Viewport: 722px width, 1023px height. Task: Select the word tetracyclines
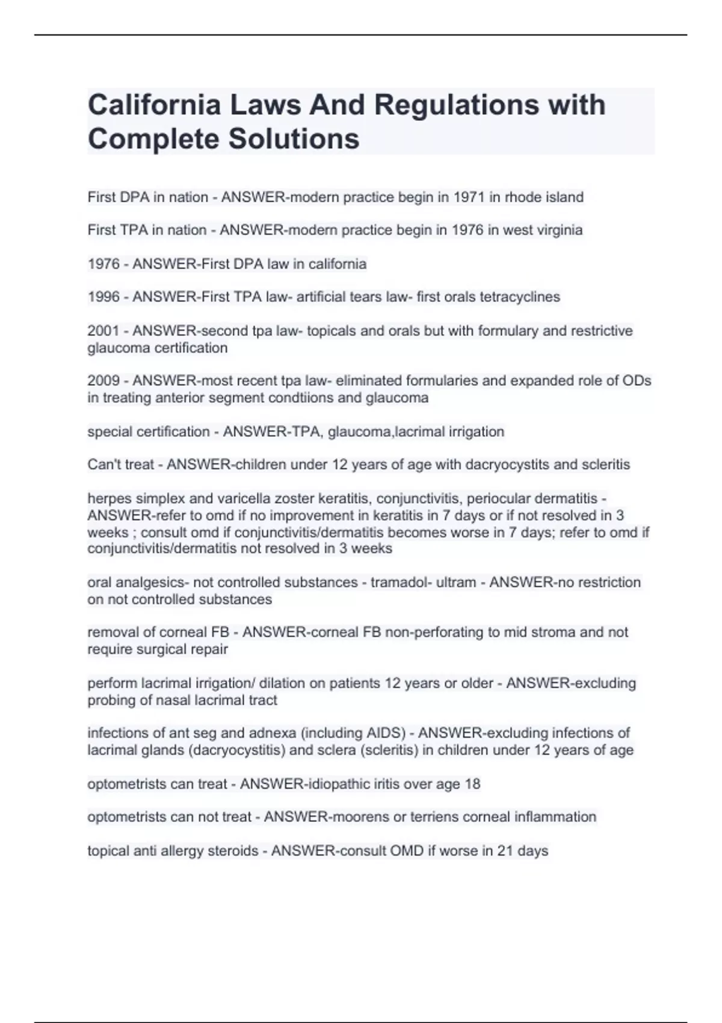[520, 297]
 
